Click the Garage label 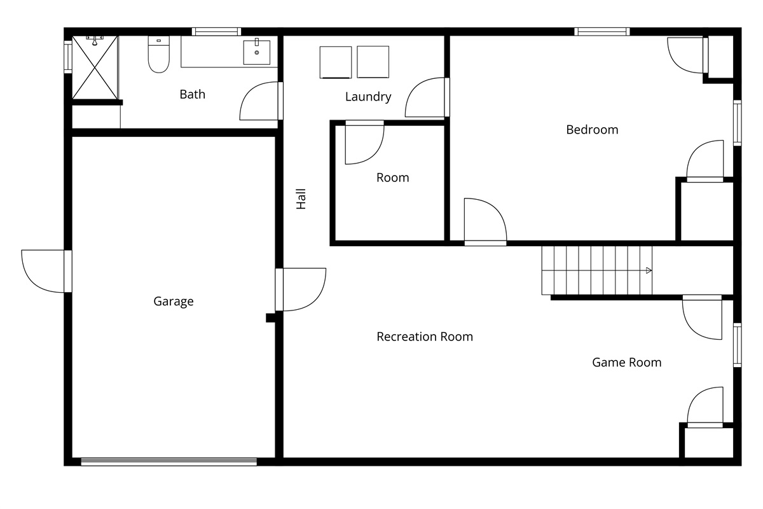pos(174,302)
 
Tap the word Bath pos(193,94)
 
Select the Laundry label pos(368,97)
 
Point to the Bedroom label pos(592,130)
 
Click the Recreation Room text pos(425,337)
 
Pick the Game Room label pos(627,363)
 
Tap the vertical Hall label pos(301,199)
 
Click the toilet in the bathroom pos(159,54)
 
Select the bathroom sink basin pos(257,52)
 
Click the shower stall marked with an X pos(95,67)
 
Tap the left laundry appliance pos(336,62)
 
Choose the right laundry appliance pos(373,62)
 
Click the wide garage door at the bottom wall pos(169,462)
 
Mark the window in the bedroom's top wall pos(602,32)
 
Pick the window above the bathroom pos(216,32)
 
